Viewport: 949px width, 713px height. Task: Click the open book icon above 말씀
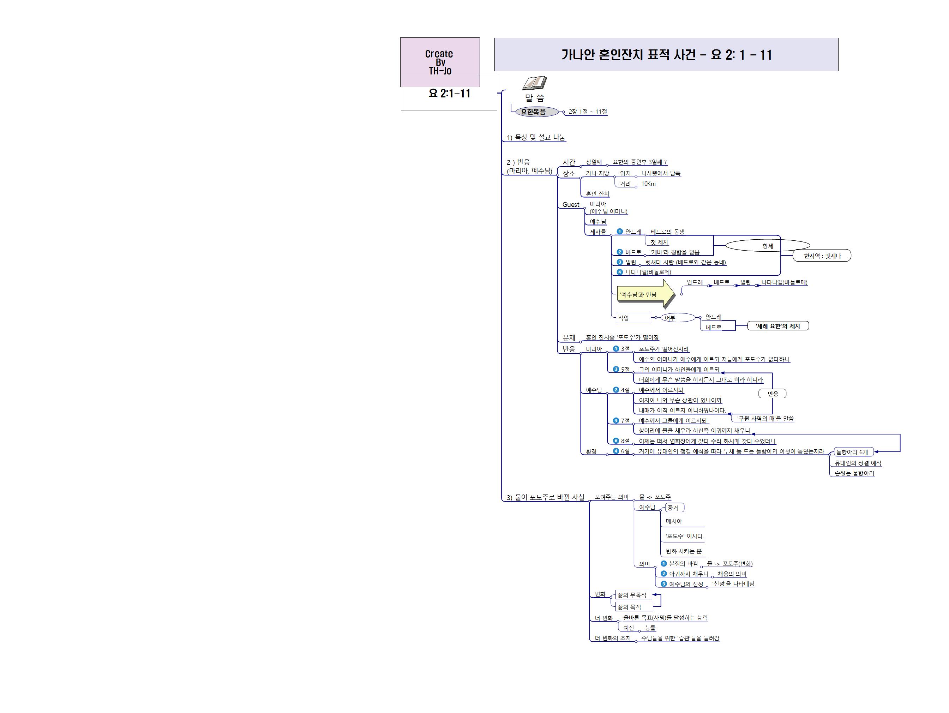[535, 83]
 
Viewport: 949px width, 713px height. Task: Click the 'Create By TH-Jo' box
[440, 62]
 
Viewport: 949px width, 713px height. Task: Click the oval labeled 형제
[768, 246]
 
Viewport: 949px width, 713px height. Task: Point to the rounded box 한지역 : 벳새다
[822, 256]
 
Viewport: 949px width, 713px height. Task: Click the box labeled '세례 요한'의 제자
[778, 326]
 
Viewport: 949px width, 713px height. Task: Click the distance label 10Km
[648, 184]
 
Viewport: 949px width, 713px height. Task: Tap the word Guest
[571, 205]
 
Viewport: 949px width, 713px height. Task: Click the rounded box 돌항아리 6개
[853, 452]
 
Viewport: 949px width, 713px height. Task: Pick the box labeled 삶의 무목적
[633, 595]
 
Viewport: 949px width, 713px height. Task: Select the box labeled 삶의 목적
[634, 607]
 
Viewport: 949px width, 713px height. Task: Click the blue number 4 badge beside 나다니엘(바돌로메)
[619, 272]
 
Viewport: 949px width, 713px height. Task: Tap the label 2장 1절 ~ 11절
[588, 112]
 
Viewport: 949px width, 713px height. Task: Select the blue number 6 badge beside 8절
[615, 441]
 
